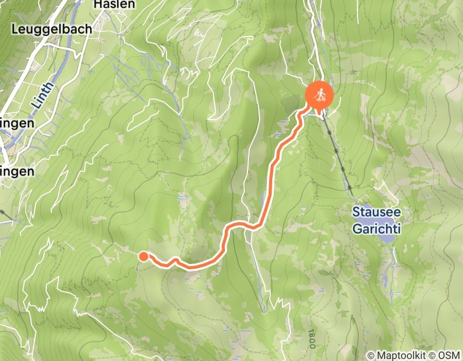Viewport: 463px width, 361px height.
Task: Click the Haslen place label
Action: click(114, 5)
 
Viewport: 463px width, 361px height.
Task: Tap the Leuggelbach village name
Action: click(52, 29)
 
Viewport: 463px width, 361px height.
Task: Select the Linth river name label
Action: click(43, 95)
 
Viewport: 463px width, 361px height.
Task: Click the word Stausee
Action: click(376, 211)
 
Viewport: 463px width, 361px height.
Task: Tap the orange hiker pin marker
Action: click(320, 95)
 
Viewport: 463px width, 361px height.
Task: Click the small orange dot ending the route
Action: click(144, 256)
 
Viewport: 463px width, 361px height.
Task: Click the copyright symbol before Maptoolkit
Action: click(371, 355)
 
